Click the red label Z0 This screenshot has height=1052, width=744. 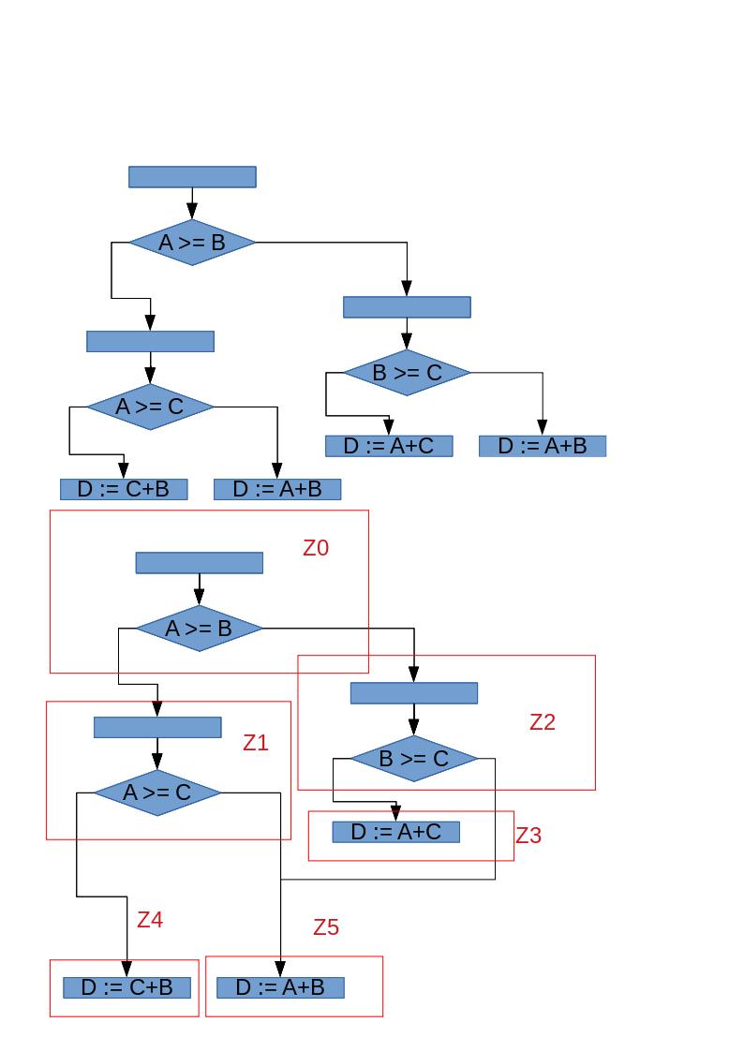pyautogui.click(x=316, y=548)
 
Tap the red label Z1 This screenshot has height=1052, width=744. pyautogui.click(x=256, y=743)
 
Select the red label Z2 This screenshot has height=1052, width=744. pyautogui.click(x=543, y=722)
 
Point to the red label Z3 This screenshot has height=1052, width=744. pyautogui.click(x=528, y=836)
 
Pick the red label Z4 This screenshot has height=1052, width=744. pyautogui.click(x=150, y=920)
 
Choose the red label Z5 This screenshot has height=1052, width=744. pyautogui.click(x=326, y=927)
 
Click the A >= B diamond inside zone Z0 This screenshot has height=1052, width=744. pyautogui.click(x=199, y=629)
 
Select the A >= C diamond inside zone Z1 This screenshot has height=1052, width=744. pyautogui.click(x=156, y=793)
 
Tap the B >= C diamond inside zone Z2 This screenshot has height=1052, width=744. pyautogui.click(x=413, y=759)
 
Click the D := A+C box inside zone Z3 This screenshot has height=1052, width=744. pyautogui.click(x=395, y=832)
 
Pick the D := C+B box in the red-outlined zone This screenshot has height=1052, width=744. pyautogui.click(x=126, y=987)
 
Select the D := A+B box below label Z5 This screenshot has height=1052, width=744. pyautogui.click(x=280, y=987)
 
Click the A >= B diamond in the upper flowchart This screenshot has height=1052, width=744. pyautogui.click(x=192, y=243)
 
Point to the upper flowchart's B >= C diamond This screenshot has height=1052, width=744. pyautogui.click(x=407, y=373)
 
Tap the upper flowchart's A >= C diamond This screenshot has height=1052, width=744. pyautogui.click(x=150, y=407)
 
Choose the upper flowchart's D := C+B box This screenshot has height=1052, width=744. pyautogui.click(x=124, y=489)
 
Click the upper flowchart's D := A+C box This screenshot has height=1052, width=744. pyautogui.click(x=389, y=446)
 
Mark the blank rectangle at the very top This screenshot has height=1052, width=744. pyautogui.click(x=192, y=177)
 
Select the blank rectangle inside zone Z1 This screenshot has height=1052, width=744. pyautogui.click(x=156, y=727)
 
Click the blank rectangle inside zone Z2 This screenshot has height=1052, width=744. pyautogui.click(x=413, y=693)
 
